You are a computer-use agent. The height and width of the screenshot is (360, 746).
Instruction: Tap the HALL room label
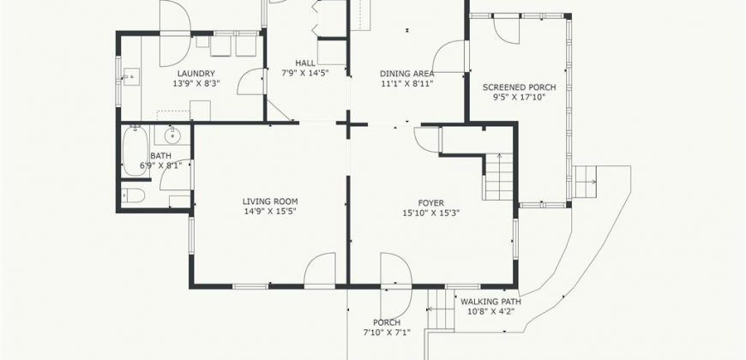[304, 63]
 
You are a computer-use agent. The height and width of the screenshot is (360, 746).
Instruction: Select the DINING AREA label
[407, 74]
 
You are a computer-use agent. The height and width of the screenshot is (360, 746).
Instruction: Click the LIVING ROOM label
[269, 201]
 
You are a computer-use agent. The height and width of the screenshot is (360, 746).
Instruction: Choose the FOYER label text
[431, 202]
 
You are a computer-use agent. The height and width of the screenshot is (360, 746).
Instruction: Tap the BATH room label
[160, 155]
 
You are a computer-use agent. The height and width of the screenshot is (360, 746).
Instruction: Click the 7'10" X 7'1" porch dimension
[388, 332]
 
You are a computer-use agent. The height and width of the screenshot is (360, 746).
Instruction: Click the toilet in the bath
[132, 195]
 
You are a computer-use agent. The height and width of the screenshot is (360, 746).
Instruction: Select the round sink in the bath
[173, 135]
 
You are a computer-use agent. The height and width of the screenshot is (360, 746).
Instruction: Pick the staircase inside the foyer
[498, 175]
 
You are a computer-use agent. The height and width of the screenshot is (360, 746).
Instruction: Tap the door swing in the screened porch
[506, 29]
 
